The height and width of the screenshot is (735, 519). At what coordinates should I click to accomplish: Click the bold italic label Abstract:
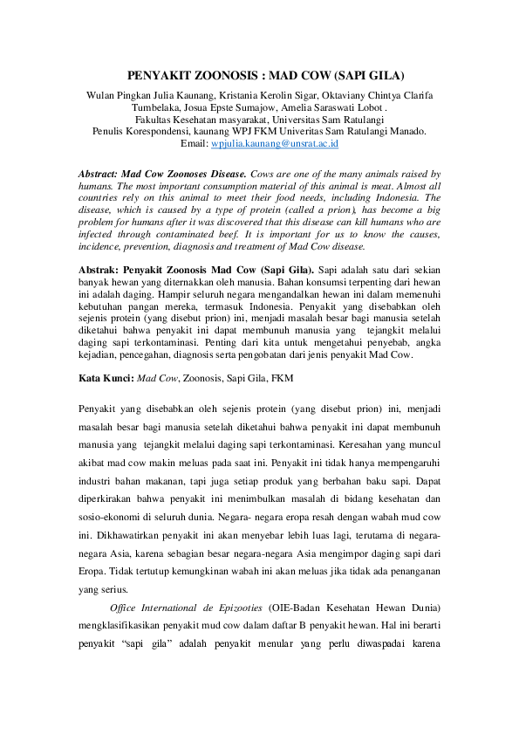point(99,174)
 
